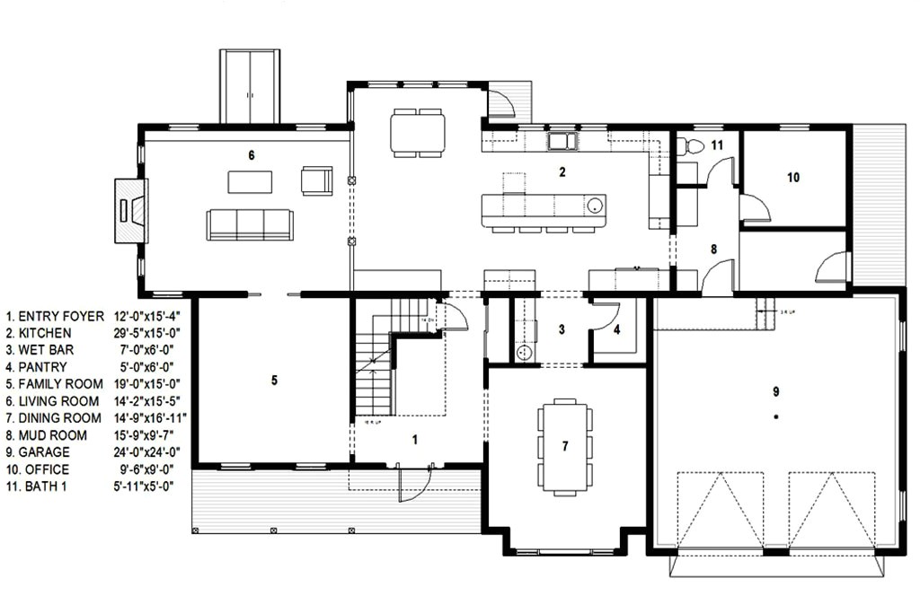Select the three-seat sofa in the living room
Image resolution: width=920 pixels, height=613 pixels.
coord(249,224)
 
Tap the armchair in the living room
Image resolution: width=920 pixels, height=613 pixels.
coord(316,180)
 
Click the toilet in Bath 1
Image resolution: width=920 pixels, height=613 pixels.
coord(689,145)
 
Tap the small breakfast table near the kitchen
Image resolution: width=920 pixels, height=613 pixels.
coord(417,133)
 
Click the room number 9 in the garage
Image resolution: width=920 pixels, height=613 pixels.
coord(774,390)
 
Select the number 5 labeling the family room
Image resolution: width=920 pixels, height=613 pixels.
coord(274,381)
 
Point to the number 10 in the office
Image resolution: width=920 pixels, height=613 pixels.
coord(793,178)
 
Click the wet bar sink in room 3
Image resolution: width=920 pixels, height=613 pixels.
coord(523,353)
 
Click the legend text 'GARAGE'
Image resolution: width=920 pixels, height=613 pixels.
coord(44,452)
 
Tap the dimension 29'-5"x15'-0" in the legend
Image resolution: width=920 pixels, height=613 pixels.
coord(149,333)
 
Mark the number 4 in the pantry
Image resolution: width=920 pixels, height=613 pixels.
coord(616,329)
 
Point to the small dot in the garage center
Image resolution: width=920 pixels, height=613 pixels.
coord(774,417)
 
